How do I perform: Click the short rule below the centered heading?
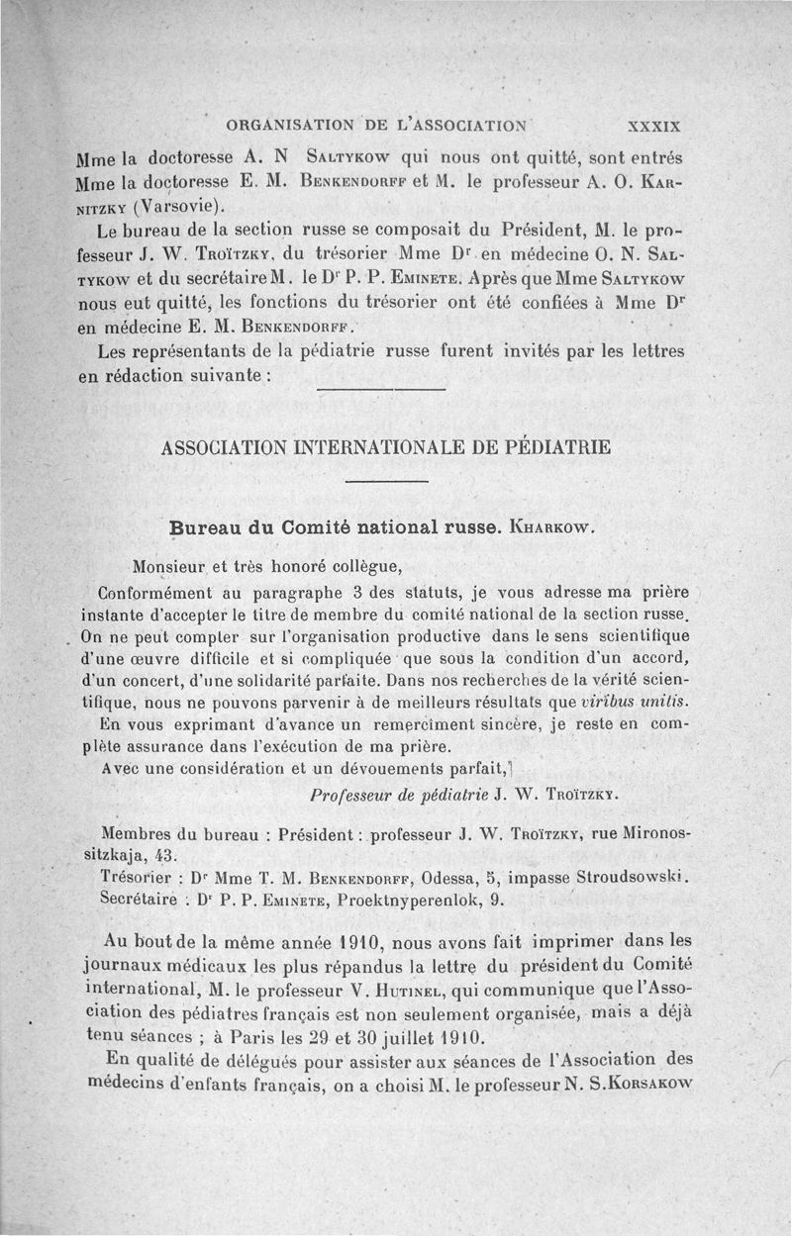tap(388, 482)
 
